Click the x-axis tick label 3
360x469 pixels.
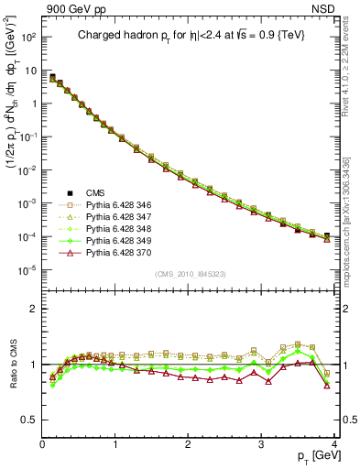(261, 443)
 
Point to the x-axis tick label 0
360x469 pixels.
(42, 443)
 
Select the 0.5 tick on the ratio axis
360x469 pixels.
(28, 420)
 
